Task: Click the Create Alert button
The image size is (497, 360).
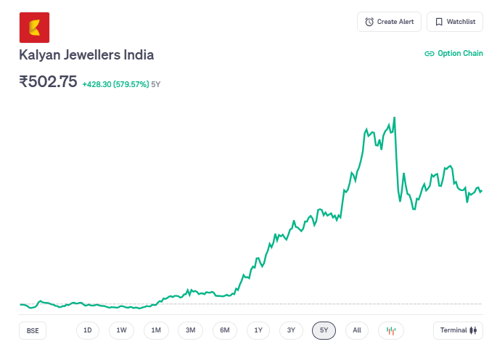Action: click(x=389, y=22)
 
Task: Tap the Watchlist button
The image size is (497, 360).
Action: click(x=454, y=22)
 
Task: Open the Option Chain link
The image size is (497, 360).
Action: click(x=453, y=54)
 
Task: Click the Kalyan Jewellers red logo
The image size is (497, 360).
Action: click(x=34, y=28)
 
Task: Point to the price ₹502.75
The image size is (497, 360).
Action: click(x=48, y=82)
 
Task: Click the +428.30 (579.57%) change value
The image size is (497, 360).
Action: click(x=115, y=84)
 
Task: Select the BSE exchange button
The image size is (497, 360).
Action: click(x=33, y=330)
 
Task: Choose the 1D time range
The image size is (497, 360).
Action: click(x=88, y=330)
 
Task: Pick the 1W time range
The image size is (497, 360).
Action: click(x=122, y=330)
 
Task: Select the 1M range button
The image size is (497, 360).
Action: click(x=156, y=330)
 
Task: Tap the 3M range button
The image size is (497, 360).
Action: click(x=190, y=330)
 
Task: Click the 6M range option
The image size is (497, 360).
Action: click(x=225, y=330)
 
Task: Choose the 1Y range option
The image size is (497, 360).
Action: click(x=258, y=330)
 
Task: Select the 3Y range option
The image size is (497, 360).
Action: click(x=291, y=330)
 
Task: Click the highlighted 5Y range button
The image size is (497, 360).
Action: click(x=324, y=330)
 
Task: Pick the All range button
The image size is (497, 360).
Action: click(x=357, y=330)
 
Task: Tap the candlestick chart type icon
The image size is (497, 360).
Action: click(x=391, y=330)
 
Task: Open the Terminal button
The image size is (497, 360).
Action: click(x=458, y=330)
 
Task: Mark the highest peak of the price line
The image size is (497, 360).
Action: click(x=394, y=118)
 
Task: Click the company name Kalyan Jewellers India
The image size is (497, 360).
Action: click(x=86, y=55)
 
